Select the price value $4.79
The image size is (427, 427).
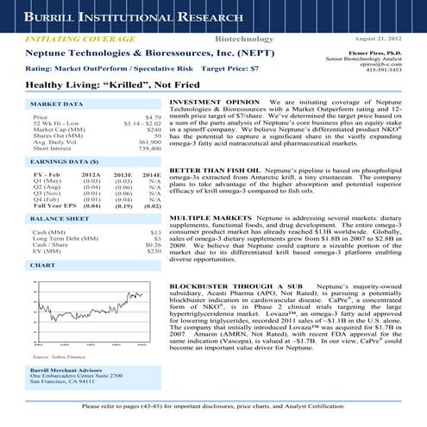pos(154,116)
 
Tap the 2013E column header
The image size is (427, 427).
pos(123,173)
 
